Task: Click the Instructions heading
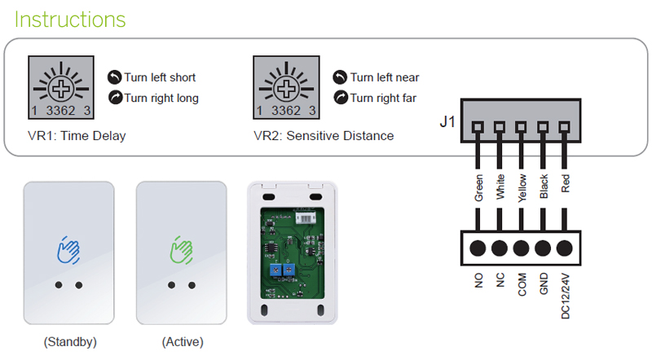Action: pyautogui.click(x=71, y=19)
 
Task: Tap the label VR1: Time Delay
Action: pyautogui.click(x=77, y=136)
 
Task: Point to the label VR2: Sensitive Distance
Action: pyautogui.click(x=324, y=136)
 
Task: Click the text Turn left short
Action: pyautogui.click(x=160, y=77)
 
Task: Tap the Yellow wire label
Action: pyautogui.click(x=522, y=186)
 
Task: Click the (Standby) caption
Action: pyautogui.click(x=68, y=342)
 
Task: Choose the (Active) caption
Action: pyautogui.click(x=182, y=342)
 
